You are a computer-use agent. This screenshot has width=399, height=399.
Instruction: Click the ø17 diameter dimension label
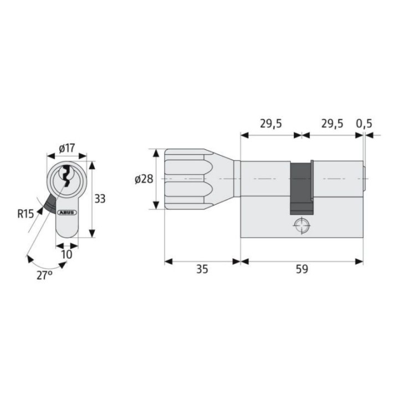coord(67,148)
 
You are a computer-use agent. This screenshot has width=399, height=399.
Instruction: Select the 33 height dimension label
coord(100,199)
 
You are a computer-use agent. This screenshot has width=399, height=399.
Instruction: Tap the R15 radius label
coord(25,214)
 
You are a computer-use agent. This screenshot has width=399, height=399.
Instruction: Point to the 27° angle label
coord(44,275)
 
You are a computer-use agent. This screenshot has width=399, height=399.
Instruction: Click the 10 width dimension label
coord(67,254)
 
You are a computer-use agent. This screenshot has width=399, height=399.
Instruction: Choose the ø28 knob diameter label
coord(144,179)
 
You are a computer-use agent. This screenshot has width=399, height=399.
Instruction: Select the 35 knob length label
coord(202,269)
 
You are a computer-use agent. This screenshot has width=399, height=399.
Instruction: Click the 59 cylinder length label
coord(302,269)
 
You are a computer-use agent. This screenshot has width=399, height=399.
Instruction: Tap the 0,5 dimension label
coord(364,124)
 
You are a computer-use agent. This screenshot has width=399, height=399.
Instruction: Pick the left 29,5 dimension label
coord(271,124)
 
